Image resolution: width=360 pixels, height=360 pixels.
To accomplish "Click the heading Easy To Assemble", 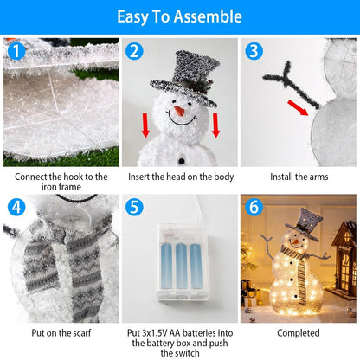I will pyautogui.click(x=179, y=17).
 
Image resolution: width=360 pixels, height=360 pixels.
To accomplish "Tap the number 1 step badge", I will pyautogui.click(x=15, y=52).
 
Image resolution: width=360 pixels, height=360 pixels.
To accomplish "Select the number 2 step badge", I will pyautogui.click(x=133, y=52).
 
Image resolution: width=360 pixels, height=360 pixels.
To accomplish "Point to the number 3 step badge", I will pyautogui.click(x=253, y=51).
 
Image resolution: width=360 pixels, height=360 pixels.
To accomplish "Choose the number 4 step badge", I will pyautogui.click(x=15, y=208).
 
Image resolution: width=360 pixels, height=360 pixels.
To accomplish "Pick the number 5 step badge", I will pyautogui.click(x=133, y=208).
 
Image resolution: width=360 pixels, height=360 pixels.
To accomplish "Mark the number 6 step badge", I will pyautogui.click(x=253, y=208).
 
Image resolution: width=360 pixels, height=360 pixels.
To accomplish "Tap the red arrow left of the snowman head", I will pyautogui.click(x=145, y=125).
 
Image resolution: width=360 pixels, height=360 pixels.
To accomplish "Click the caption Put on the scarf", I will pyautogui.click(x=61, y=332).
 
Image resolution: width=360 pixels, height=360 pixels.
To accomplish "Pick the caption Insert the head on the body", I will pyautogui.click(x=179, y=177).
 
